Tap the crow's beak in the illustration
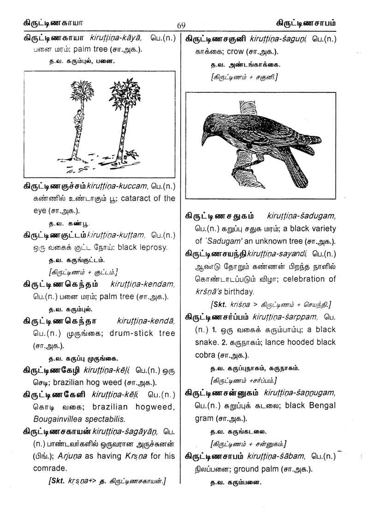(205, 137)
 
